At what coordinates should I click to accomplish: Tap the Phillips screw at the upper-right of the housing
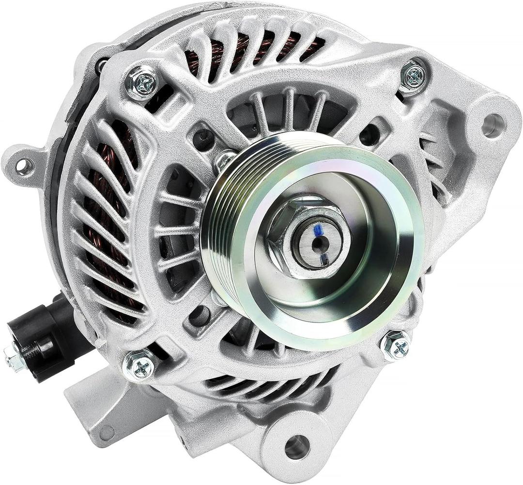tap(415, 75)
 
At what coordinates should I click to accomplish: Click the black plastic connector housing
tap(46, 334)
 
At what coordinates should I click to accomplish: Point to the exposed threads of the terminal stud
tap(27, 353)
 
